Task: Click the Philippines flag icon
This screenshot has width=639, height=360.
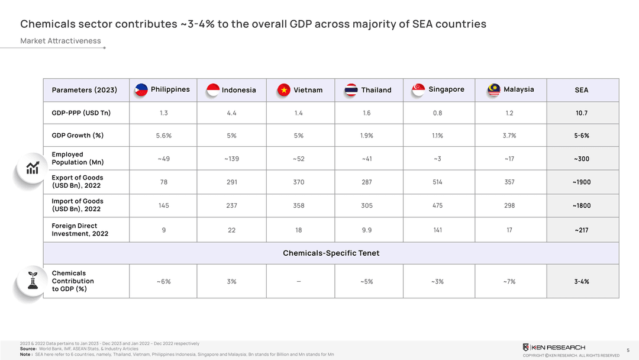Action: pos(141,89)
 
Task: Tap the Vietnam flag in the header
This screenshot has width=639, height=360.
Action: pos(284,90)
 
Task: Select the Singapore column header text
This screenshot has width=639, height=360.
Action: pos(446,89)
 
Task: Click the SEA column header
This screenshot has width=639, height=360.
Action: pos(581,90)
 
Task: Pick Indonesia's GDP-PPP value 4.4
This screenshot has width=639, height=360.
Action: pos(231,113)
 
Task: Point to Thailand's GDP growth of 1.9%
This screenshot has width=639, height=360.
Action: pos(367,136)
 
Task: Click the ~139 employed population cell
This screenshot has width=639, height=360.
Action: pos(231,159)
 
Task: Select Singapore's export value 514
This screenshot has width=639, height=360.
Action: pos(437,182)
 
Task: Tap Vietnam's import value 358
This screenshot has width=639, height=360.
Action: pos(299,205)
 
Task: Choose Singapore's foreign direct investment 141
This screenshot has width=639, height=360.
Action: pos(437,230)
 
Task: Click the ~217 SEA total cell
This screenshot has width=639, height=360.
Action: pos(581,230)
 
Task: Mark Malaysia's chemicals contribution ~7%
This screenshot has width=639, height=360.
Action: pos(509,281)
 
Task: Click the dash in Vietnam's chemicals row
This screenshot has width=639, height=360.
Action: pos(299,281)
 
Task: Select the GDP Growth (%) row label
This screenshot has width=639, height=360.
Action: pos(78,136)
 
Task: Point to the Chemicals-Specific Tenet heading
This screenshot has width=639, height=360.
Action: pos(331,253)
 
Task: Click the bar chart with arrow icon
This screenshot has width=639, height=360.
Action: pos(33,168)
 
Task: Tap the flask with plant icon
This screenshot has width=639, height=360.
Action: pos(33,280)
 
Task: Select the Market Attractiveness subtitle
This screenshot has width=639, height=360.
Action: pos(60,41)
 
